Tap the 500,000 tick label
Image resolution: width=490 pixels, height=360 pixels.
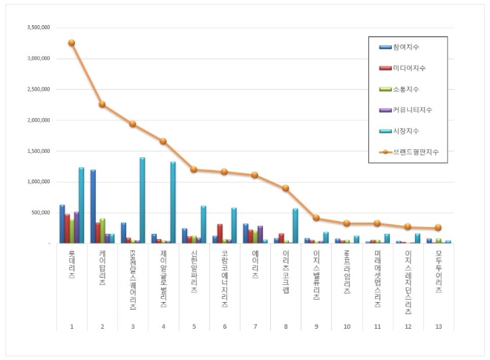pos(39,212)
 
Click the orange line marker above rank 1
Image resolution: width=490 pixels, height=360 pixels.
pos(71,43)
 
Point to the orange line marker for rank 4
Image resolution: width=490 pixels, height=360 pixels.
pos(163,141)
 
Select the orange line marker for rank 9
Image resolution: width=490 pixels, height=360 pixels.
pos(316,218)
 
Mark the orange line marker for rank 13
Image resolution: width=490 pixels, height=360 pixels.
pos(438,228)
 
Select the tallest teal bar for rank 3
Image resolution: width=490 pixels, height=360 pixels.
pos(142,200)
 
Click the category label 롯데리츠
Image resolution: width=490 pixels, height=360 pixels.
pos(71,263)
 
